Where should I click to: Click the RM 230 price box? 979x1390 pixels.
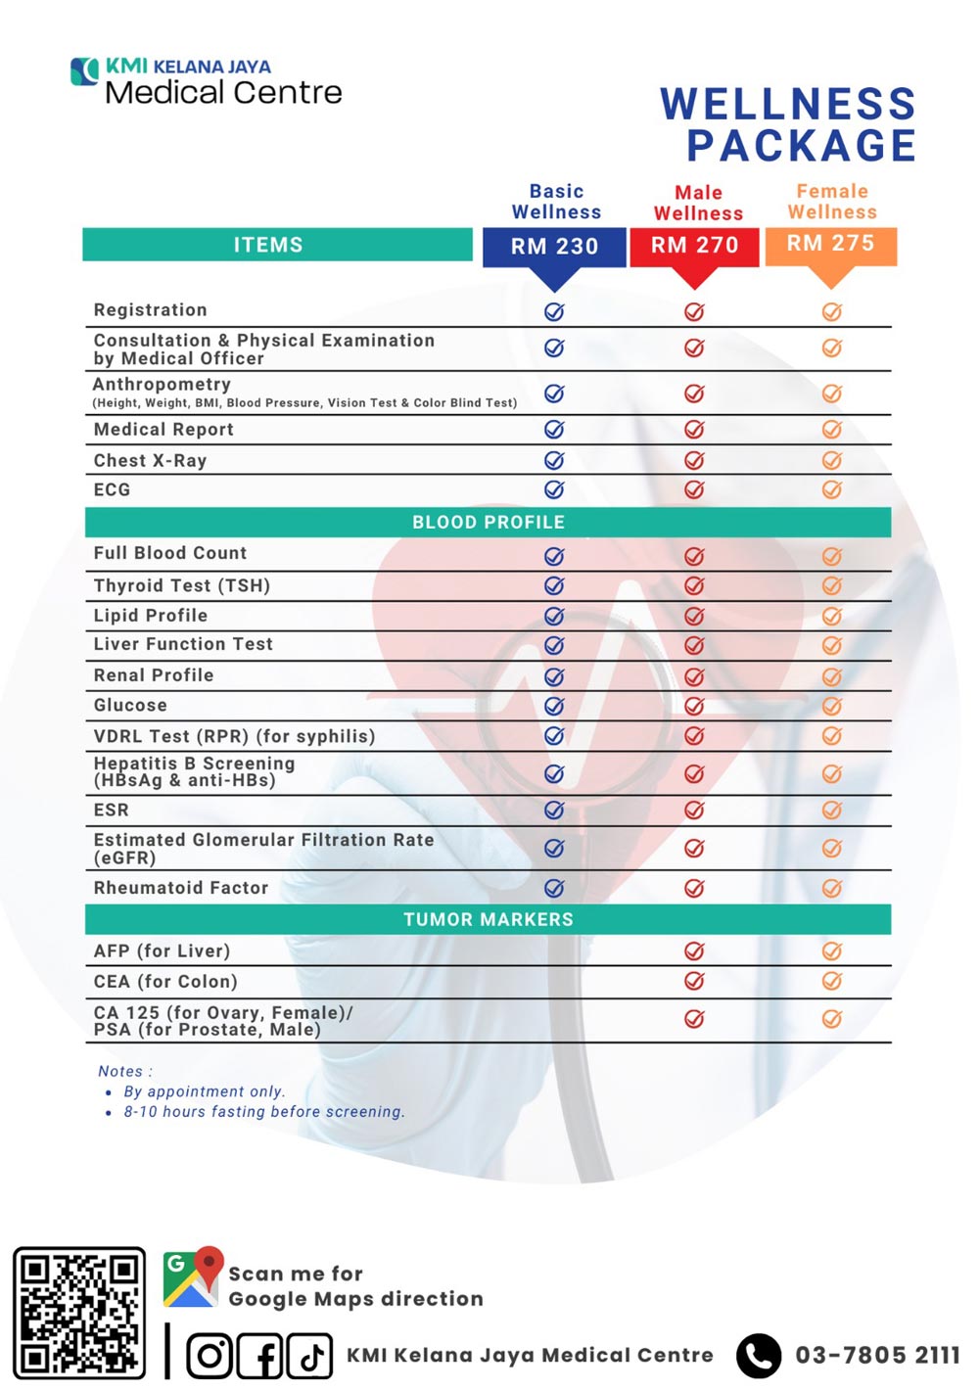554,247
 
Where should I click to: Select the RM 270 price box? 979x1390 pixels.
694,246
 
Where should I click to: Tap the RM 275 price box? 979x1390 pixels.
830,244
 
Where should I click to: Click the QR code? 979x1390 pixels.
79,1312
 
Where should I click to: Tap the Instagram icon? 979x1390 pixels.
209,1356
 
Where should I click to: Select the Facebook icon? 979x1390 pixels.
260,1356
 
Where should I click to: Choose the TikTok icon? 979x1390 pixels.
310,1356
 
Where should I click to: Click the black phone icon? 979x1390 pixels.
759,1356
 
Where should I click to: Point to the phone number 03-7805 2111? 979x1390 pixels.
877,1356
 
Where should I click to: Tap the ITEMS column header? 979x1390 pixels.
268,245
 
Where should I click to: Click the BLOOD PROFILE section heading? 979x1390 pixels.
488,522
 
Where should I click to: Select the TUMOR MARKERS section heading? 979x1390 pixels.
488,919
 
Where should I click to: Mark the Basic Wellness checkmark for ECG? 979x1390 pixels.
554,489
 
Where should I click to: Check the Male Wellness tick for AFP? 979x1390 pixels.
694,950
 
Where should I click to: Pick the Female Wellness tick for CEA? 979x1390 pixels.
831,981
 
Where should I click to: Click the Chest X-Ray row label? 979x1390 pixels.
150,460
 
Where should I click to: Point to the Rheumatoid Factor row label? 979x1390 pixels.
181,888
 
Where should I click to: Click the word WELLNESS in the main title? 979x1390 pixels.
788,105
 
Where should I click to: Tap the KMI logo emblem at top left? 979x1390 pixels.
85,71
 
